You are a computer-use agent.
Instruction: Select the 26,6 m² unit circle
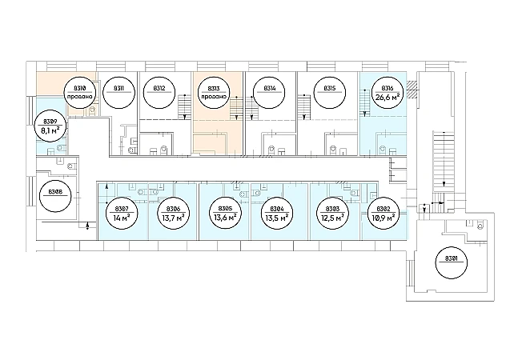(387, 94)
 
